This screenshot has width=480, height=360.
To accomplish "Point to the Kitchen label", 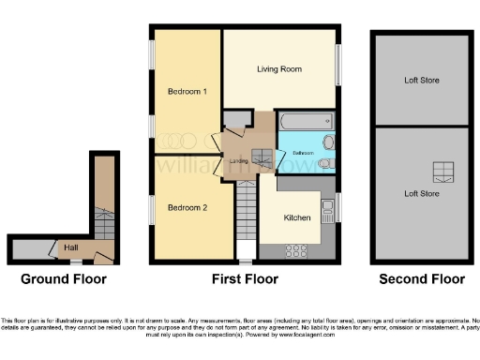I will (x=297, y=217).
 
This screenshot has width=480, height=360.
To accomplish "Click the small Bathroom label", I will (x=302, y=152).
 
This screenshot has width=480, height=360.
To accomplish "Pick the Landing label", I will (x=239, y=161).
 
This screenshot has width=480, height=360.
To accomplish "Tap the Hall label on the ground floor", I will (x=71, y=247).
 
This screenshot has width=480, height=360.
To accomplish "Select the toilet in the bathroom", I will (x=325, y=163).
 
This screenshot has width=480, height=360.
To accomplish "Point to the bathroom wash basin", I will (x=327, y=143).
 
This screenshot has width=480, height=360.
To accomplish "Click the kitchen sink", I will (x=327, y=207).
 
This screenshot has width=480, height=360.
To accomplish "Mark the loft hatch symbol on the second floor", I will (x=443, y=172).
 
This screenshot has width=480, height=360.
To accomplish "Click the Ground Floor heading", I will (x=64, y=279).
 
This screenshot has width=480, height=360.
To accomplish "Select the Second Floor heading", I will (x=422, y=279).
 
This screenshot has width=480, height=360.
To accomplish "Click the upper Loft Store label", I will (x=421, y=80).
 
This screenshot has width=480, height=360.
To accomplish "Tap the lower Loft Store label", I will (x=421, y=194).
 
